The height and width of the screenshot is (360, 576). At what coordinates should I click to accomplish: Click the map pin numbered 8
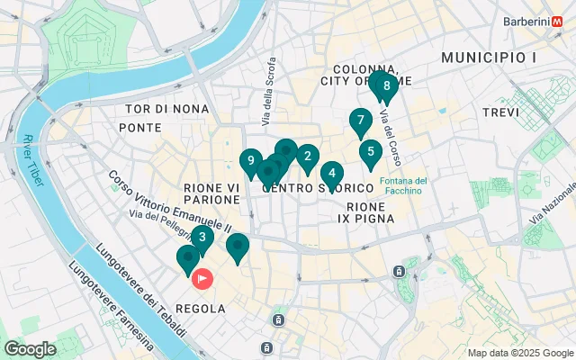point(386,86)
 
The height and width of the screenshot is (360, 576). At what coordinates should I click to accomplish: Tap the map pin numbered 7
point(360,120)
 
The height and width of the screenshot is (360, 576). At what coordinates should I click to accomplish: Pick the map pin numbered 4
point(332,174)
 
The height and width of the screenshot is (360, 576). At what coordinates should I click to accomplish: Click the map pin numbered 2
point(308,156)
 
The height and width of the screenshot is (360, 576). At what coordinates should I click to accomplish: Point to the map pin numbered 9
point(251,161)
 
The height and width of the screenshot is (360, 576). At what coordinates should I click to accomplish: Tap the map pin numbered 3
point(202,238)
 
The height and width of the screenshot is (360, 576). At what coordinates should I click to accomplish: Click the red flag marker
point(204,279)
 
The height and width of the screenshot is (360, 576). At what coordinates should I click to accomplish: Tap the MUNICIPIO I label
point(489,58)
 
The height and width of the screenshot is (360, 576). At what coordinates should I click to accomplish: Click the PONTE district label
point(139,128)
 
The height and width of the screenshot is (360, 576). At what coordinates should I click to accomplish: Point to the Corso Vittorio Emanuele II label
point(170,201)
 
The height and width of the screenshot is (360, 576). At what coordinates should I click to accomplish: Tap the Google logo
point(30,348)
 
